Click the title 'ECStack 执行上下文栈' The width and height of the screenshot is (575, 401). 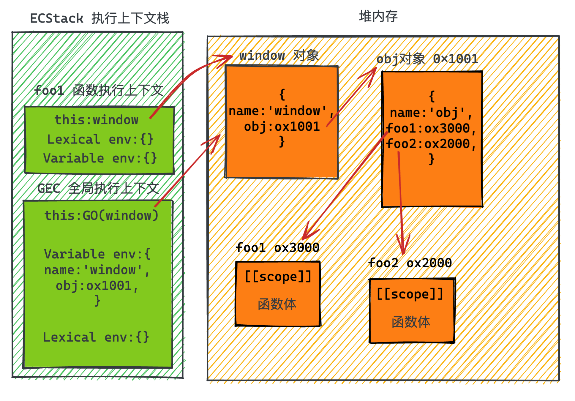(x=100, y=18)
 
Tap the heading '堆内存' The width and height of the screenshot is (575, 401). (x=378, y=16)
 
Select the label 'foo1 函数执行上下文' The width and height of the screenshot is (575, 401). (x=99, y=91)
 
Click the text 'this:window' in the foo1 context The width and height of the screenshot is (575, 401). (x=96, y=120)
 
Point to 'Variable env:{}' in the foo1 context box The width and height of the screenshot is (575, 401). (x=100, y=158)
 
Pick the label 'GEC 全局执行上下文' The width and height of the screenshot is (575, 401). (x=98, y=188)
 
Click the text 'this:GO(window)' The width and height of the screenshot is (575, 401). (x=101, y=216)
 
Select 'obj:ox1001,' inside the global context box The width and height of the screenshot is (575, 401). (x=97, y=286)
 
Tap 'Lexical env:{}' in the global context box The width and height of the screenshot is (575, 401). (x=96, y=337)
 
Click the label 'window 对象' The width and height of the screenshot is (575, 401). (x=279, y=56)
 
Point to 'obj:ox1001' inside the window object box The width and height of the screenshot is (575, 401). (x=282, y=127)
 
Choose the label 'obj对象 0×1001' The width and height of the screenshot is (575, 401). (x=427, y=59)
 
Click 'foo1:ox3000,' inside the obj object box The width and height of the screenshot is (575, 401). (x=430, y=129)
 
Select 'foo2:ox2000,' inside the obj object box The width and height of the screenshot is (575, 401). (x=430, y=144)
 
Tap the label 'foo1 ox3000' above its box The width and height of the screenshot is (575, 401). (x=277, y=247)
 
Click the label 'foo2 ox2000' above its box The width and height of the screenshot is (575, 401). (x=410, y=263)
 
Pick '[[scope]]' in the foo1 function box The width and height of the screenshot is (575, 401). (x=278, y=277)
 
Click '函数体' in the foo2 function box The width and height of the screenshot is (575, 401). (x=411, y=322)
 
